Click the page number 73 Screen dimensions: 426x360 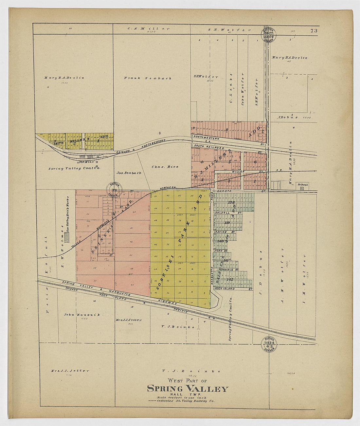point(314,31)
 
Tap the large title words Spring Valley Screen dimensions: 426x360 point(187,389)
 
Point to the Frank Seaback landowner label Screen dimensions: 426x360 point(147,78)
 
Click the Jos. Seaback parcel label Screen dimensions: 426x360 point(129,173)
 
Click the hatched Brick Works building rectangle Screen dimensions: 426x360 point(67,237)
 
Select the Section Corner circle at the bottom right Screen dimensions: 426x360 point(268,344)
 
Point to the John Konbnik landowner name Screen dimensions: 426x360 point(82,315)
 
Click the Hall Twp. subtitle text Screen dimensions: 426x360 point(187,394)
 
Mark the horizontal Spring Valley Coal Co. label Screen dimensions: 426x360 point(74,168)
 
